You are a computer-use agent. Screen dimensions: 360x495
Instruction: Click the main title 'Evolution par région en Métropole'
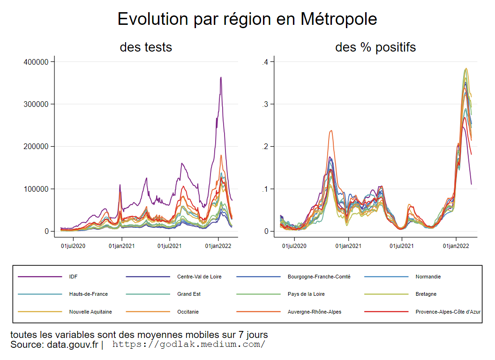tap(247, 19)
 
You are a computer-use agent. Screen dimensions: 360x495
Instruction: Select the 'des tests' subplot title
tap(146, 47)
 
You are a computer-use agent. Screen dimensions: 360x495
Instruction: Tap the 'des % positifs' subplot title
tap(375, 47)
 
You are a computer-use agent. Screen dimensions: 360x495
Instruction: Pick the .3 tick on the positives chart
tap(265, 104)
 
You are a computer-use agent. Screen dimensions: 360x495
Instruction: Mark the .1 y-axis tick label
tap(265, 189)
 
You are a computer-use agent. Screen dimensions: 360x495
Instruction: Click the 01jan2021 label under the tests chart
tap(122, 245)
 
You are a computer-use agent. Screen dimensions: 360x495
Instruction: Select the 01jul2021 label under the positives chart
tap(402, 245)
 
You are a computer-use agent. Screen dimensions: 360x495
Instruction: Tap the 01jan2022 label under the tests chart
tap(218, 245)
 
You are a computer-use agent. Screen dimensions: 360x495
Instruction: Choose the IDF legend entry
tap(73, 277)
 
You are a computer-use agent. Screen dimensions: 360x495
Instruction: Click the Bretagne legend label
tap(426, 294)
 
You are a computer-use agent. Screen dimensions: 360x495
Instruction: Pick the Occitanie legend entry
tap(187, 312)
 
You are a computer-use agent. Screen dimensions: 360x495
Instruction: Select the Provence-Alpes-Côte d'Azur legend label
tap(448, 312)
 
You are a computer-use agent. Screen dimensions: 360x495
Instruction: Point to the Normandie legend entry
tap(428, 277)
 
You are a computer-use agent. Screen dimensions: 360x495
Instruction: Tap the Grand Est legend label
tap(188, 294)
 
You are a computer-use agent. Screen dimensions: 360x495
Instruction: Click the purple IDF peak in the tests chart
tap(221, 78)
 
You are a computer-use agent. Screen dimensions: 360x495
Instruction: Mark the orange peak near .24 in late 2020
tap(331, 131)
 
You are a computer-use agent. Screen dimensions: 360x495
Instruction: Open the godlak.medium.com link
tap(188, 345)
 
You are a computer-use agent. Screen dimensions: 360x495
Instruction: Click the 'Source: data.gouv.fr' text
tap(54, 345)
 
